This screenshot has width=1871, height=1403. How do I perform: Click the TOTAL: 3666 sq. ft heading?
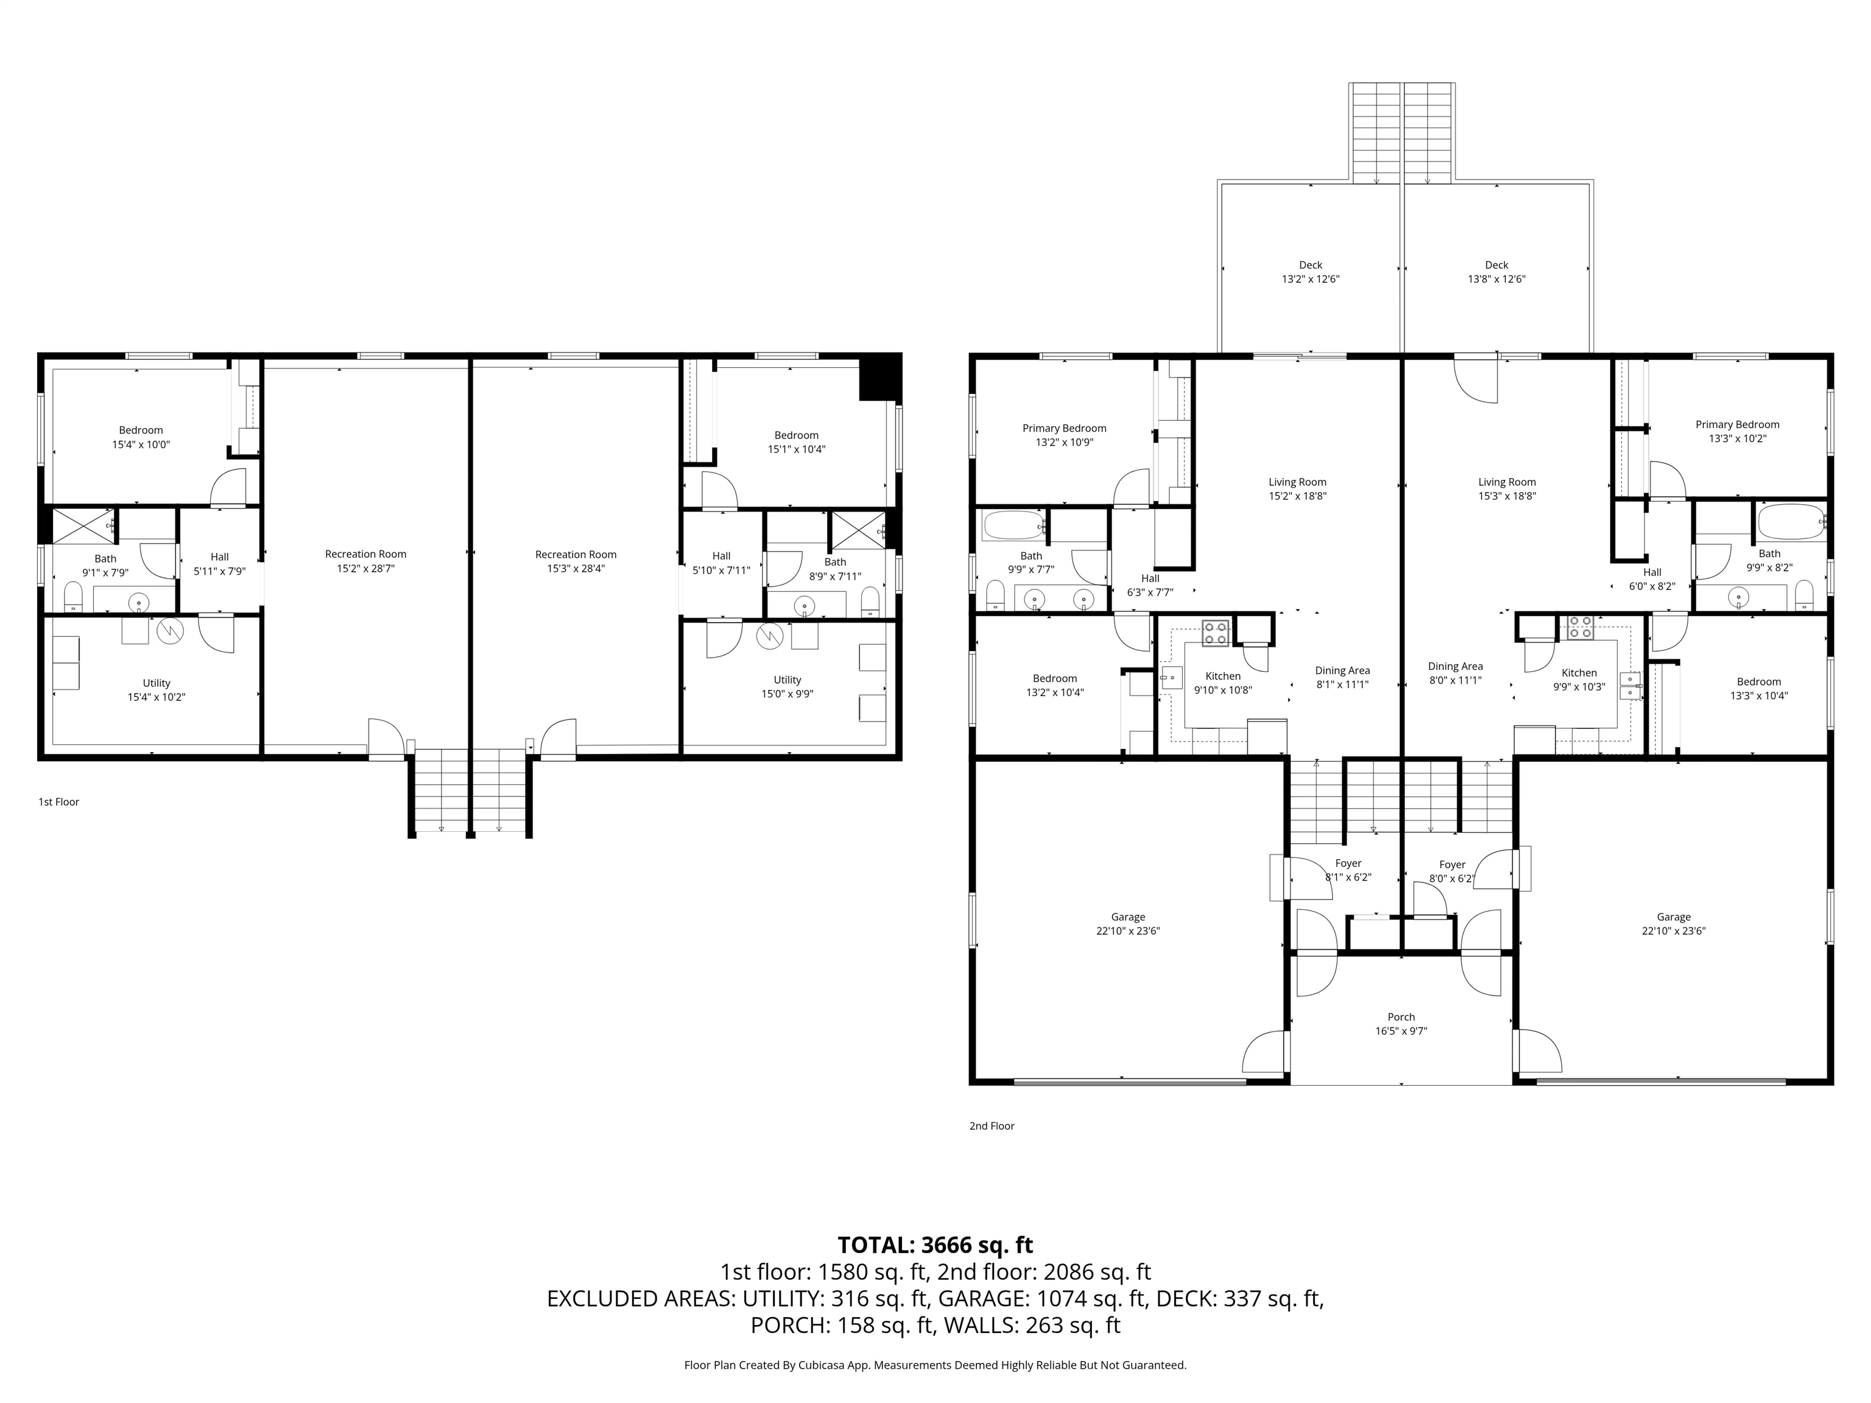(x=935, y=1245)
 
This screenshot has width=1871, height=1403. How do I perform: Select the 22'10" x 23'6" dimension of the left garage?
(x=1127, y=931)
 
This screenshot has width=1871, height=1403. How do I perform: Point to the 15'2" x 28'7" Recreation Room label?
(x=365, y=561)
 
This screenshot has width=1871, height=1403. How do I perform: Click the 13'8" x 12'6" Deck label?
(x=1496, y=272)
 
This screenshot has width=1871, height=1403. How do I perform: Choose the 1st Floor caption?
(x=58, y=802)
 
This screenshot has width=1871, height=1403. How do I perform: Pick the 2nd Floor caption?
(x=992, y=1125)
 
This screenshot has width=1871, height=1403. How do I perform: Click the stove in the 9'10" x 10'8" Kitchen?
(x=1216, y=633)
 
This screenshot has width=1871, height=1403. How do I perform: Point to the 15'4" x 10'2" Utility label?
(x=157, y=690)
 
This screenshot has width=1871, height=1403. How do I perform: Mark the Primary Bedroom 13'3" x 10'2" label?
(x=1738, y=431)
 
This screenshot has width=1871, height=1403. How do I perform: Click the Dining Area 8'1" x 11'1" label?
(x=1342, y=677)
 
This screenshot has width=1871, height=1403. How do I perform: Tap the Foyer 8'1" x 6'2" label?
(x=1348, y=870)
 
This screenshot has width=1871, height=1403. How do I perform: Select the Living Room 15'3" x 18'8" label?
(x=1507, y=489)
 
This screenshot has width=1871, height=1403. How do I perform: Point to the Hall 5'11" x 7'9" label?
(x=220, y=563)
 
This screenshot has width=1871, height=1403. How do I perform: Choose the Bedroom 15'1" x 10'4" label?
(x=797, y=442)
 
